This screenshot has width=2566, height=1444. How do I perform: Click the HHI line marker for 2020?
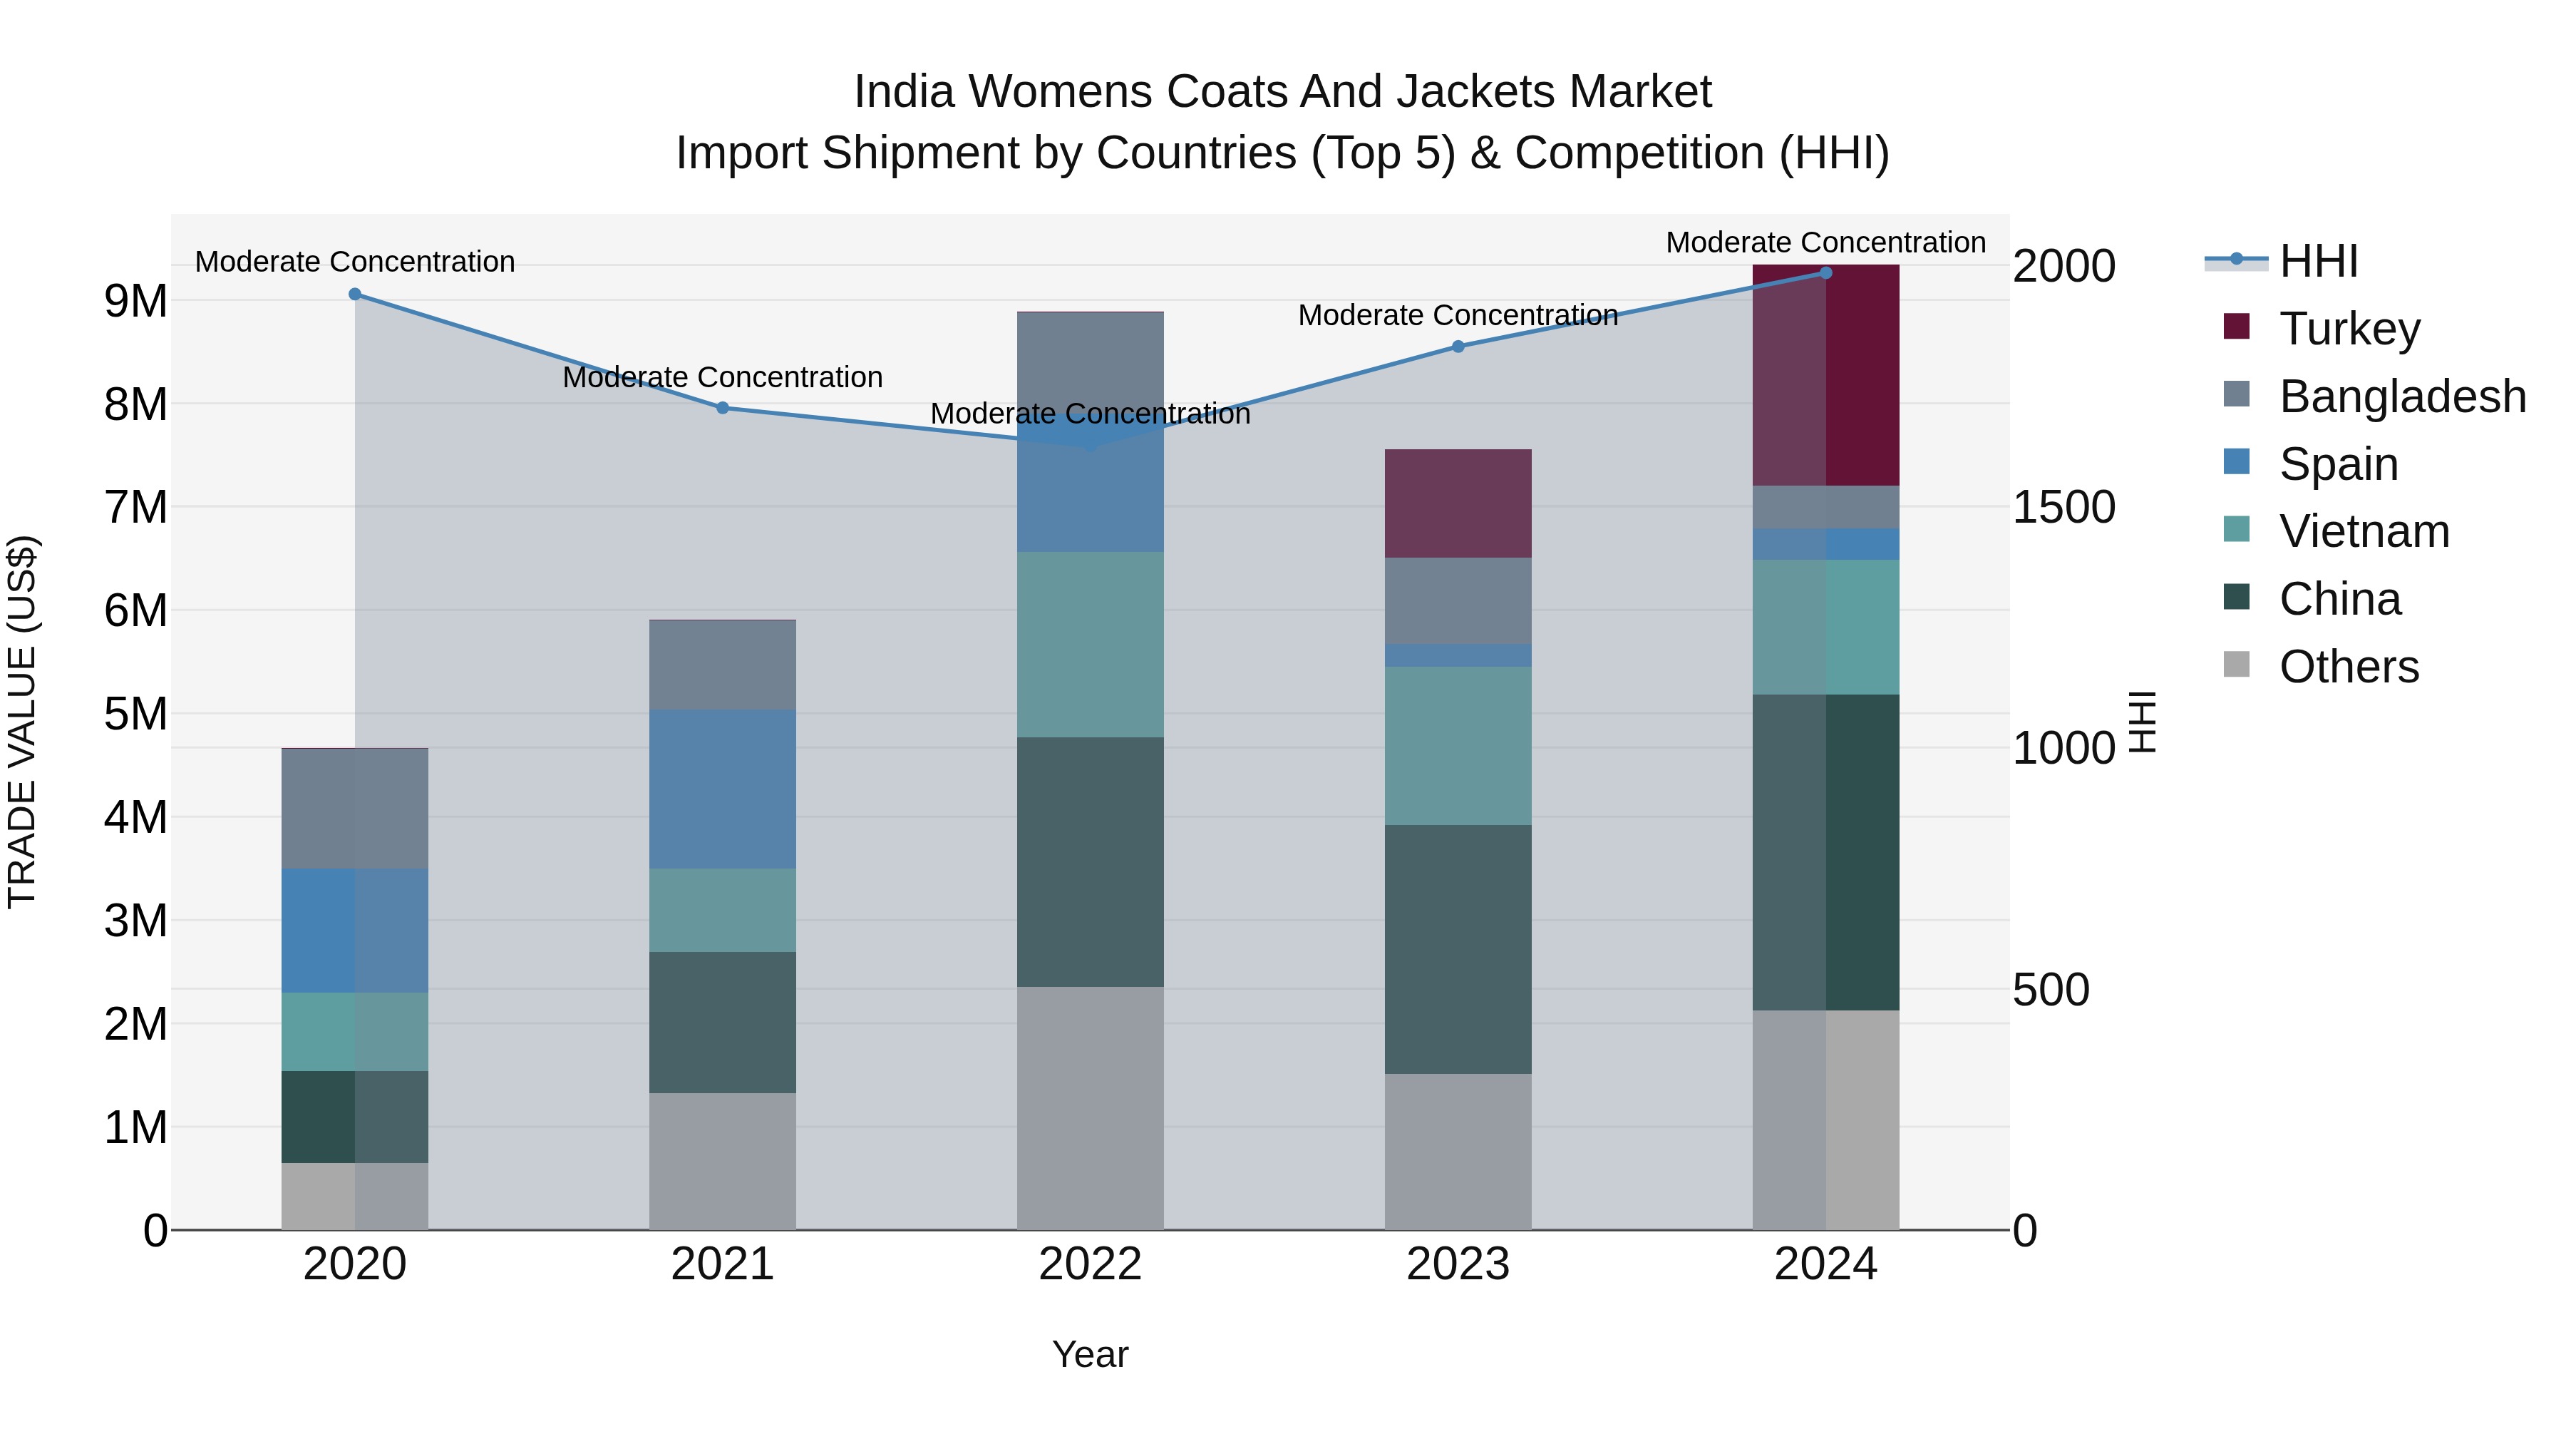[355, 294]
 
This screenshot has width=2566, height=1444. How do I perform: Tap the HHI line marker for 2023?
[1458, 347]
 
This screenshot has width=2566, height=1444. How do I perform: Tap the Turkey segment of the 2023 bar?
[1458, 503]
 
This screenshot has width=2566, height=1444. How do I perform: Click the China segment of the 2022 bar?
[1090, 862]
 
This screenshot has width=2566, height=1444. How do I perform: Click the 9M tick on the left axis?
[135, 301]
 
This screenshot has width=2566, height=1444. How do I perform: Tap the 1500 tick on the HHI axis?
[2063, 507]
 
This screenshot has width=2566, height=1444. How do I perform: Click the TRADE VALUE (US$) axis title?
[22, 722]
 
